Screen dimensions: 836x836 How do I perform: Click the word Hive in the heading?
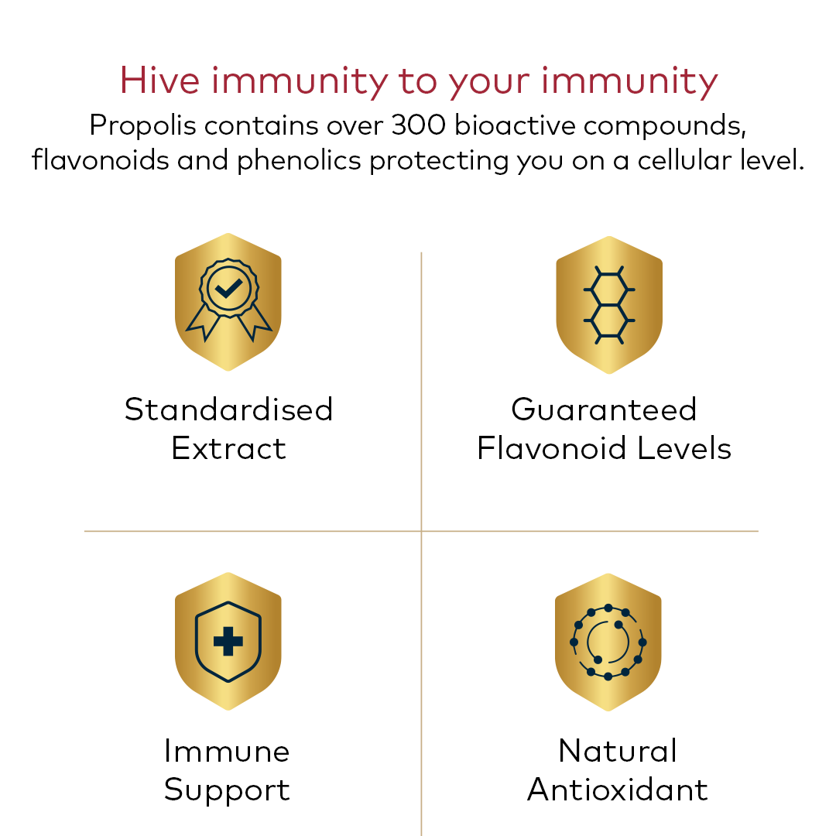click(159, 81)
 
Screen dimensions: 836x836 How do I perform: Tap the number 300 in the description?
click(419, 125)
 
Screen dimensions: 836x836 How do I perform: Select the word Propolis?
click(142, 127)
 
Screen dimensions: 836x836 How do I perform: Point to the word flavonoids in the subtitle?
click(100, 159)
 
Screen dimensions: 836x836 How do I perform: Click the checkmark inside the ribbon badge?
click(228, 288)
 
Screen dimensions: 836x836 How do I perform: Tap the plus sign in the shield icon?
click(228, 642)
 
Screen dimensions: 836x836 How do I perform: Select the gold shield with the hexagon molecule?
click(609, 305)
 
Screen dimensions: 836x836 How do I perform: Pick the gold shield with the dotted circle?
click(608, 642)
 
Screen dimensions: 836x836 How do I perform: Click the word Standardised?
click(228, 409)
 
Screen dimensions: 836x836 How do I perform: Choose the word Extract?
click(228, 448)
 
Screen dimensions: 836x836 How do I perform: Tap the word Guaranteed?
click(604, 409)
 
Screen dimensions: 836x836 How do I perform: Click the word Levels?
click(684, 448)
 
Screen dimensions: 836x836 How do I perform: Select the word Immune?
click(227, 751)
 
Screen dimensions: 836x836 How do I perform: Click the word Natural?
click(618, 751)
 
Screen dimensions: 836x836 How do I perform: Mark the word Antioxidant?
click(618, 790)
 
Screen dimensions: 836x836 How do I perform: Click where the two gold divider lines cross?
click(421, 531)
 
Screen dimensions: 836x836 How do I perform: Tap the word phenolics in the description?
click(299, 160)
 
